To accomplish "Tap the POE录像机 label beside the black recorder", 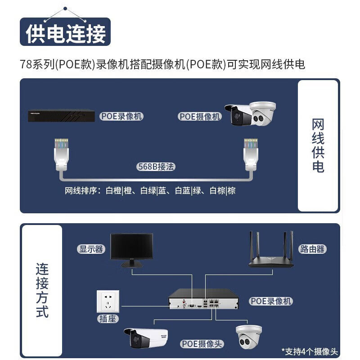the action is click(121, 116).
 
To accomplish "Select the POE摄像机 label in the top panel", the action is click(199, 117).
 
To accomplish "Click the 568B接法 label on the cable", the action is click(156, 166).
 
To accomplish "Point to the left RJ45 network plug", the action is click(61, 154).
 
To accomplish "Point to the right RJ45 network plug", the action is click(251, 154).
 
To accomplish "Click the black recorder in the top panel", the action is click(61, 116).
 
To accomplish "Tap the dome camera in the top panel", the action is click(263, 114).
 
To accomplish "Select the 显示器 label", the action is click(91, 249).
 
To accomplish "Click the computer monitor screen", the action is click(131, 246).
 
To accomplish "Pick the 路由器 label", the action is click(312, 249).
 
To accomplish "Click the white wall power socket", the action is click(108, 301).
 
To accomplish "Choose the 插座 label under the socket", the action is click(108, 319).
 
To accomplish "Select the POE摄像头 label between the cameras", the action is click(202, 344).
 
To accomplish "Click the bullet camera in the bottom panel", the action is click(146, 338).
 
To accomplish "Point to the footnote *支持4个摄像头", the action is click(310, 351).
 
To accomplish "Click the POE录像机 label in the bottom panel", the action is click(271, 301).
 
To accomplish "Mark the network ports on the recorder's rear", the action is click(214, 303).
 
